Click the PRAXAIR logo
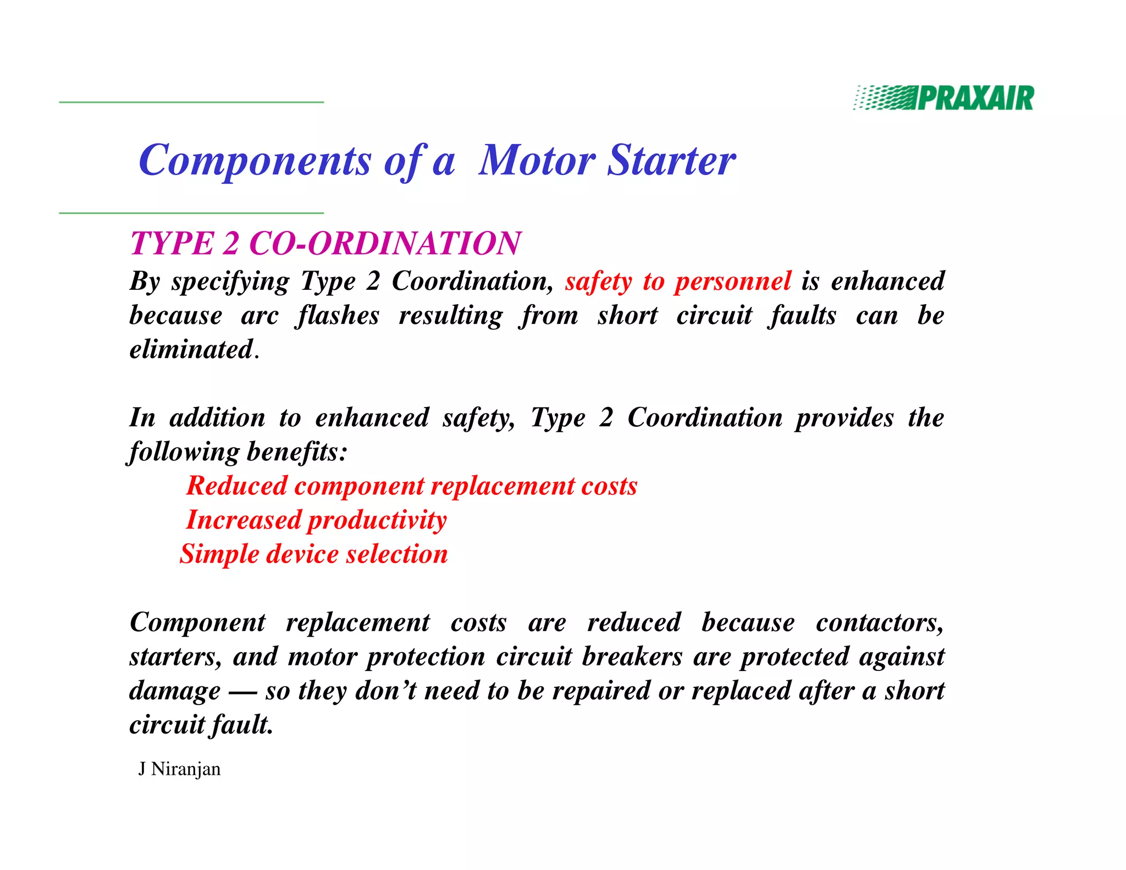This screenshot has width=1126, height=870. (x=943, y=98)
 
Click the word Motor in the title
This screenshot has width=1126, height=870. (x=537, y=161)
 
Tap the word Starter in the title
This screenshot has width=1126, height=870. (x=671, y=161)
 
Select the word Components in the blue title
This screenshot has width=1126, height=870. (x=255, y=161)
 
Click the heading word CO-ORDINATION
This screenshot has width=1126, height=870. (x=385, y=243)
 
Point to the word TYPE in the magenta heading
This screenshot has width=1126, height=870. (x=172, y=243)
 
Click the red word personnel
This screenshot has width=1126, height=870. (x=733, y=281)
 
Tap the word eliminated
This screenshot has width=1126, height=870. (x=191, y=350)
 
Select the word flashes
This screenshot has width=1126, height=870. (x=337, y=316)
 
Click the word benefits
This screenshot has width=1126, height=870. (x=297, y=452)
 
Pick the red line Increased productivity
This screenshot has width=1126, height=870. (x=316, y=520)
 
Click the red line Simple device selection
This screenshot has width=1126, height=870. (x=314, y=554)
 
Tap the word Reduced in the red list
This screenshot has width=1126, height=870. (x=237, y=486)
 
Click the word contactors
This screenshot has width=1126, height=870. (x=879, y=623)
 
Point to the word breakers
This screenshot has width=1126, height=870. (x=632, y=657)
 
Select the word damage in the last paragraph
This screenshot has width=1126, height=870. (x=175, y=691)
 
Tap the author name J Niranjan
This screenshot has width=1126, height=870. (x=179, y=769)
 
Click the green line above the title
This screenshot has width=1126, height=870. (x=191, y=102)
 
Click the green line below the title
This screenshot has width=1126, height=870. (x=191, y=213)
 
